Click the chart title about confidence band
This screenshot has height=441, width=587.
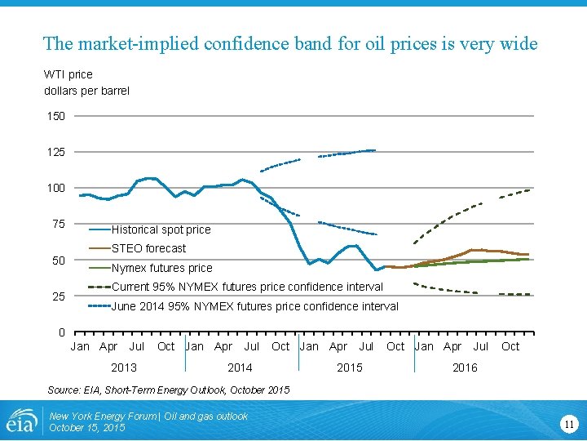tap(290, 43)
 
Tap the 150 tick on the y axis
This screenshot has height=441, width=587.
tap(55, 116)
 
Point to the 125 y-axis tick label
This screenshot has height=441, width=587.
tap(55, 152)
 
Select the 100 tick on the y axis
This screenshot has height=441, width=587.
tap(55, 188)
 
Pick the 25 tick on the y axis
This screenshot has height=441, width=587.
tap(58, 296)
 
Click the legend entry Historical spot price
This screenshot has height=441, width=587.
tap(161, 229)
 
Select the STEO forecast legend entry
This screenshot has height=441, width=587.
tap(148, 248)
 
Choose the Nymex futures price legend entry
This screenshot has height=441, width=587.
tap(161, 268)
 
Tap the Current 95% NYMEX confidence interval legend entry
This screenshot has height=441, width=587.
tap(247, 287)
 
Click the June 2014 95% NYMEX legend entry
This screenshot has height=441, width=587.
tap(254, 306)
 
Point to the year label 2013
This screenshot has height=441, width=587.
tap(124, 367)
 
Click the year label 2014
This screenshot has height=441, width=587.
tap(240, 367)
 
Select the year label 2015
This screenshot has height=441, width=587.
tap(350, 367)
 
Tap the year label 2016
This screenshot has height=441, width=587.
tap(465, 367)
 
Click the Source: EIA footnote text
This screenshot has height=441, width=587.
tap(169, 390)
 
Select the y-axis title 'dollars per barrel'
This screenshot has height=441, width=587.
tap(86, 91)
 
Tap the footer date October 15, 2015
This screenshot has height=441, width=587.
tap(87, 428)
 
